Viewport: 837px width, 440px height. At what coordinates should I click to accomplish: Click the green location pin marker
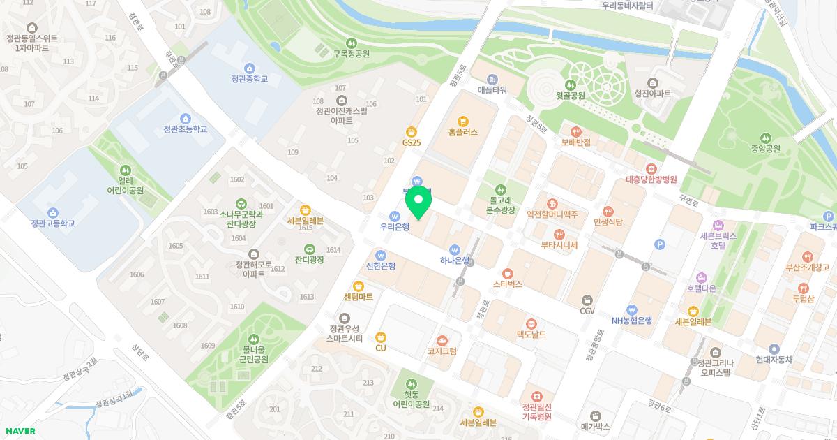418,202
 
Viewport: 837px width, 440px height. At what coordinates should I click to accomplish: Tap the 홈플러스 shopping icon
463,121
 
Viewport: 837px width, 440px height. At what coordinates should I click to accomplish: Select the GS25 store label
412,142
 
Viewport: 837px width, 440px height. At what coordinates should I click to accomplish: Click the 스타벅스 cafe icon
508,274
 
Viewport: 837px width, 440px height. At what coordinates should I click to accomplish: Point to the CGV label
587,311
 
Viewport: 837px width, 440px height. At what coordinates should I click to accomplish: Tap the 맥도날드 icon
531,324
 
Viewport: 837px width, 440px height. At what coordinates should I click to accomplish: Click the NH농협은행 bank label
632,321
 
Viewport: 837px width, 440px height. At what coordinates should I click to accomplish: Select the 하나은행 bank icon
455,249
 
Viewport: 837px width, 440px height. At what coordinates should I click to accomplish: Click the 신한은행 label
380,266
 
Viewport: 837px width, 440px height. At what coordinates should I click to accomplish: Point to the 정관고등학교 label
52,223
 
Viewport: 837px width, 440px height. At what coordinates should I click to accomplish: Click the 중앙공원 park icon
766,138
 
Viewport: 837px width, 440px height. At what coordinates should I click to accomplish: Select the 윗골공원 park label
570,96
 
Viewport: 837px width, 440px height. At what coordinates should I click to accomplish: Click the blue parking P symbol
660,244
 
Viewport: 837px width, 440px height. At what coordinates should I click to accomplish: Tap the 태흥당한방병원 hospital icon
651,169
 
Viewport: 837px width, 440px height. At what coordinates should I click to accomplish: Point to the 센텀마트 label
359,297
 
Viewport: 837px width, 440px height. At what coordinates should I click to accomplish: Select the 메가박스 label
595,426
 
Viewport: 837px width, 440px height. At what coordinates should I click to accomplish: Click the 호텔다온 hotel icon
702,277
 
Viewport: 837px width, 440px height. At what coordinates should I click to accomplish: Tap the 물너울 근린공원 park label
255,354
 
